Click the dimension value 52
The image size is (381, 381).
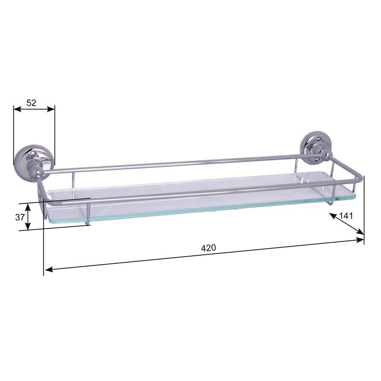pyautogui.click(x=31, y=102)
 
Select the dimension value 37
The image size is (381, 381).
pyautogui.click(x=20, y=217)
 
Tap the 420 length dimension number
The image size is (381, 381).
pyautogui.click(x=209, y=248)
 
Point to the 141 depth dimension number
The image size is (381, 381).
pyautogui.click(x=346, y=216)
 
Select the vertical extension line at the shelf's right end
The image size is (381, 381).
pyautogui.click(x=364, y=210)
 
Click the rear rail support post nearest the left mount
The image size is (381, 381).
pyautogui.click(x=73, y=180)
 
